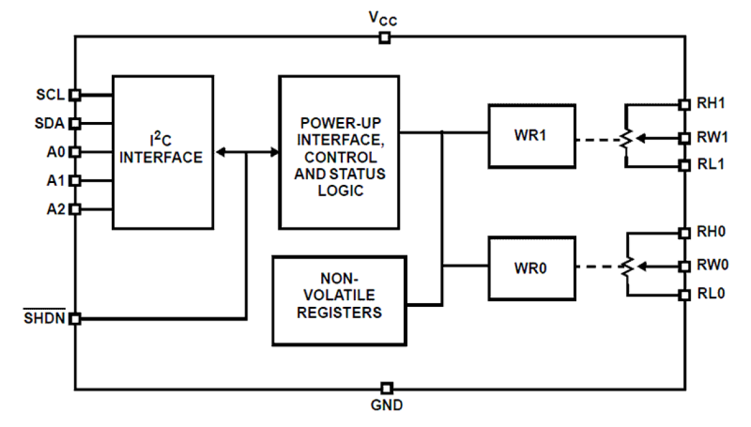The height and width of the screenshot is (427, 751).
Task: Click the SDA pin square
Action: click(x=75, y=123)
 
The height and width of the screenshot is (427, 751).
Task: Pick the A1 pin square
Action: click(x=75, y=181)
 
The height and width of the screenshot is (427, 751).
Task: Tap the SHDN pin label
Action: click(x=43, y=319)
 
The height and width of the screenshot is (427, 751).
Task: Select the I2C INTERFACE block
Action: click(x=163, y=152)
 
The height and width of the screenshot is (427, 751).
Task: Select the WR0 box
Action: click(x=532, y=267)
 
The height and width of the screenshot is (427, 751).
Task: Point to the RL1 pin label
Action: click(x=711, y=165)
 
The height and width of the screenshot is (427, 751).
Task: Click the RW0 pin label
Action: click(x=713, y=265)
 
